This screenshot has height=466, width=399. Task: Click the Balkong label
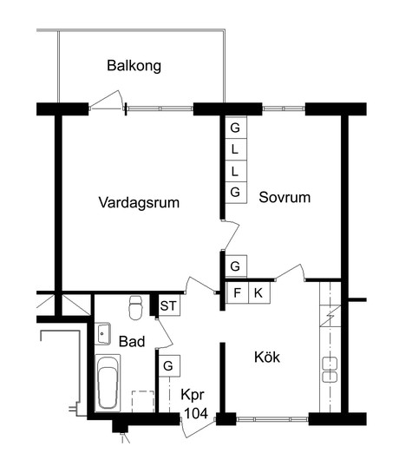coord(134,66)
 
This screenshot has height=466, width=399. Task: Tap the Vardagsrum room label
coord(139,203)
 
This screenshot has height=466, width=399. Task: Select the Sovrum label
coord(285,197)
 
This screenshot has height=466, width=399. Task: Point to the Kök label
coord(267,357)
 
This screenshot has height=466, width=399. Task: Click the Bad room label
coord(132,342)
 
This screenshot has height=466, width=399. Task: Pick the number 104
coord(196,413)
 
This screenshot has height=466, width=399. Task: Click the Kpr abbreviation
coord(193,395)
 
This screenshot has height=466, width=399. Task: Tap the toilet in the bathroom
coord(136,307)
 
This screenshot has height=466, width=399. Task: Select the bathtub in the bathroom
coord(108,383)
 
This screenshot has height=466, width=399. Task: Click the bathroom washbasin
coord(102,334)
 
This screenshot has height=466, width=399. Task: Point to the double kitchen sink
coord(330,370)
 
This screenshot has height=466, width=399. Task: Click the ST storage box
coord(169,305)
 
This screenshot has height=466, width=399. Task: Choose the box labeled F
coord(237,292)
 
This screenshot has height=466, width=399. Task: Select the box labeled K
coord(259,292)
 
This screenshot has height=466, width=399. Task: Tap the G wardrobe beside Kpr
coord(169,366)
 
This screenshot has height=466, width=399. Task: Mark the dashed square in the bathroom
coord(143,402)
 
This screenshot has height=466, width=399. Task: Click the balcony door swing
coord(108,100)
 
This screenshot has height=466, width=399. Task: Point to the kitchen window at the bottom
coord(272,419)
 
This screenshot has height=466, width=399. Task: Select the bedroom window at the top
coord(284,108)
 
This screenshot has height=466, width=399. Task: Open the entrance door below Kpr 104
coord(198,428)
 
